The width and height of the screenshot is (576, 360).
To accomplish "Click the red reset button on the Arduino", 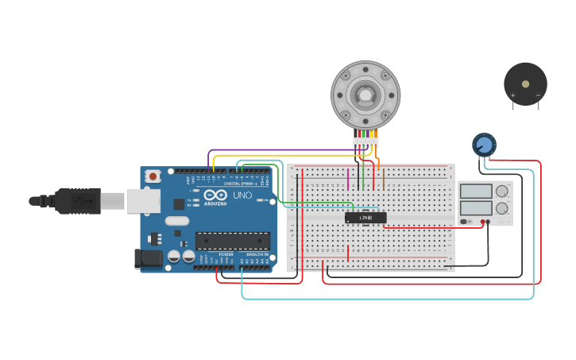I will tap(153, 176).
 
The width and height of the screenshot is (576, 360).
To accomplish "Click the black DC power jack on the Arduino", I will tap(148, 258).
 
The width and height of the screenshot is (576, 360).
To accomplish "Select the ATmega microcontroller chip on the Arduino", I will tap(232, 240).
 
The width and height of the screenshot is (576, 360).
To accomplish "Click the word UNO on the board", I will tap(242, 195).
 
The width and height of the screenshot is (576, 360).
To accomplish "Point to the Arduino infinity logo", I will tap(215, 195).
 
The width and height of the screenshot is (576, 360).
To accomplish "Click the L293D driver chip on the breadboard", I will tap(365, 217).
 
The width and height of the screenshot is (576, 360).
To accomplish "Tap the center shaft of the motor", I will tap(365, 95).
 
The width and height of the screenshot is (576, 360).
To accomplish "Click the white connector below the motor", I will tap(365, 142).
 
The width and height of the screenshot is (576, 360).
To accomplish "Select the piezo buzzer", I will tap(525, 83).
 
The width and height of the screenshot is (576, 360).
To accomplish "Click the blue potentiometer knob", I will tap(483, 145).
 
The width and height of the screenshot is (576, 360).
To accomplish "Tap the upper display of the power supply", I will tap(477, 191).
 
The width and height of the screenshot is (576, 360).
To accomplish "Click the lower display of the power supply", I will tap(477, 208).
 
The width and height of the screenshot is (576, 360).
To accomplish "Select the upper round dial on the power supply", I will tap(502, 191).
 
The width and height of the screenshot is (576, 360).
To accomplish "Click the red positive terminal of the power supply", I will tap(482, 222).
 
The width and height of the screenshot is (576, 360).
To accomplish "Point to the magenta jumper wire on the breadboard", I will tap(348, 179).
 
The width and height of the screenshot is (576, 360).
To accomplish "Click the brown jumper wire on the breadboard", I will tap(383, 179).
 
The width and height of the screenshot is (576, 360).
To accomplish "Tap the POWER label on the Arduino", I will tap(225, 254).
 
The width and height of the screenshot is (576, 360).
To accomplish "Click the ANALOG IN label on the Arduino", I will tap(256, 254).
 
